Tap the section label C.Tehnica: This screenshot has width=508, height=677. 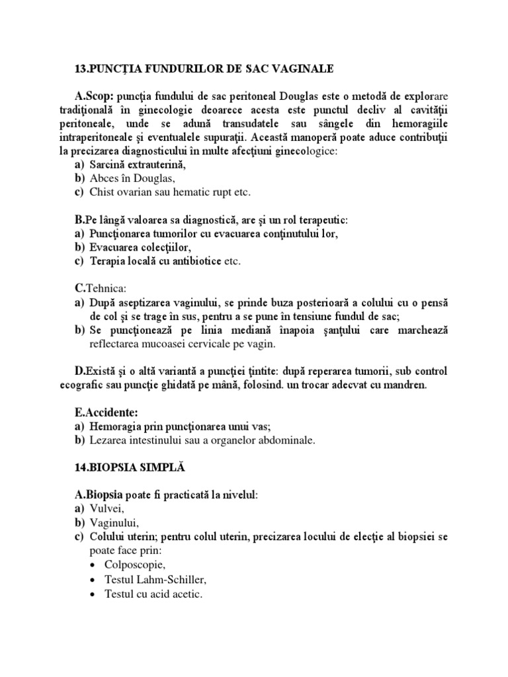[97, 288]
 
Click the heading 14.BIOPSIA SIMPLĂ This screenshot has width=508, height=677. [131, 467]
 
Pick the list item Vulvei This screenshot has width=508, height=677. [106, 509]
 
